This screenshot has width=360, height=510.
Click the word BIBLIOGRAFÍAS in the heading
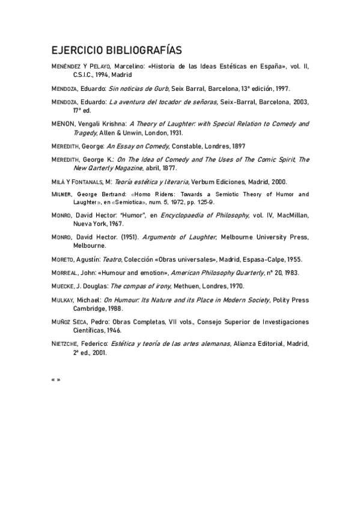click(138, 49)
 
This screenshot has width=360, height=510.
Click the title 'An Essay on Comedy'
click(138, 146)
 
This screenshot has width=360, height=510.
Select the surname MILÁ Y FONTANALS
click(78, 182)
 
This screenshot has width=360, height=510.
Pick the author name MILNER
click(62, 194)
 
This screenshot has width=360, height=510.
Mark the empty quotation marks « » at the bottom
click(56, 379)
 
